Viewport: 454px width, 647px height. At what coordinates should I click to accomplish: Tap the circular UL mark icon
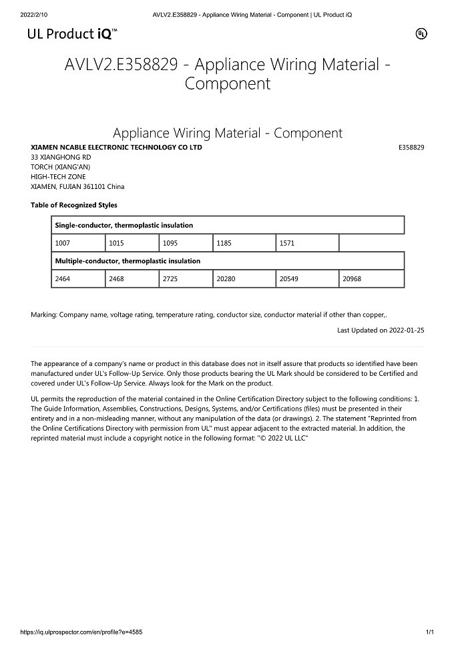coord(421,33)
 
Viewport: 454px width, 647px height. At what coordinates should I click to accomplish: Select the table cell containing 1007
coord(78,243)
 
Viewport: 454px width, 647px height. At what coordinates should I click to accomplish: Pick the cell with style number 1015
coord(132,243)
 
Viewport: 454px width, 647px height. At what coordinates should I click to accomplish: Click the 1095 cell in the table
coord(186,243)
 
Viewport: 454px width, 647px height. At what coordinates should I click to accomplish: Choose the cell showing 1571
coord(307,243)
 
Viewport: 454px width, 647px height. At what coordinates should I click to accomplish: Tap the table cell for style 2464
coord(78,278)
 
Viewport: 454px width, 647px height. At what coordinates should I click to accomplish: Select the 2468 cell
coord(132,278)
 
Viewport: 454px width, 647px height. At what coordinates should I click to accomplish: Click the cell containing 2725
coord(186,278)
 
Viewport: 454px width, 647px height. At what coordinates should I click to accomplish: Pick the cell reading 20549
coord(307,278)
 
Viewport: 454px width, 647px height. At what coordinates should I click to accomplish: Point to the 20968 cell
coord(371,278)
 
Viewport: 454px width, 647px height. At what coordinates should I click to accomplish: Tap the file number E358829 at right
coord(411,148)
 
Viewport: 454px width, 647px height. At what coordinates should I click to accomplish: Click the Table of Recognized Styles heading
coord(74,205)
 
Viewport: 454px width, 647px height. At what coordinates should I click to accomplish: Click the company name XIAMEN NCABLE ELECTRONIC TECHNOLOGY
coord(116,148)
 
